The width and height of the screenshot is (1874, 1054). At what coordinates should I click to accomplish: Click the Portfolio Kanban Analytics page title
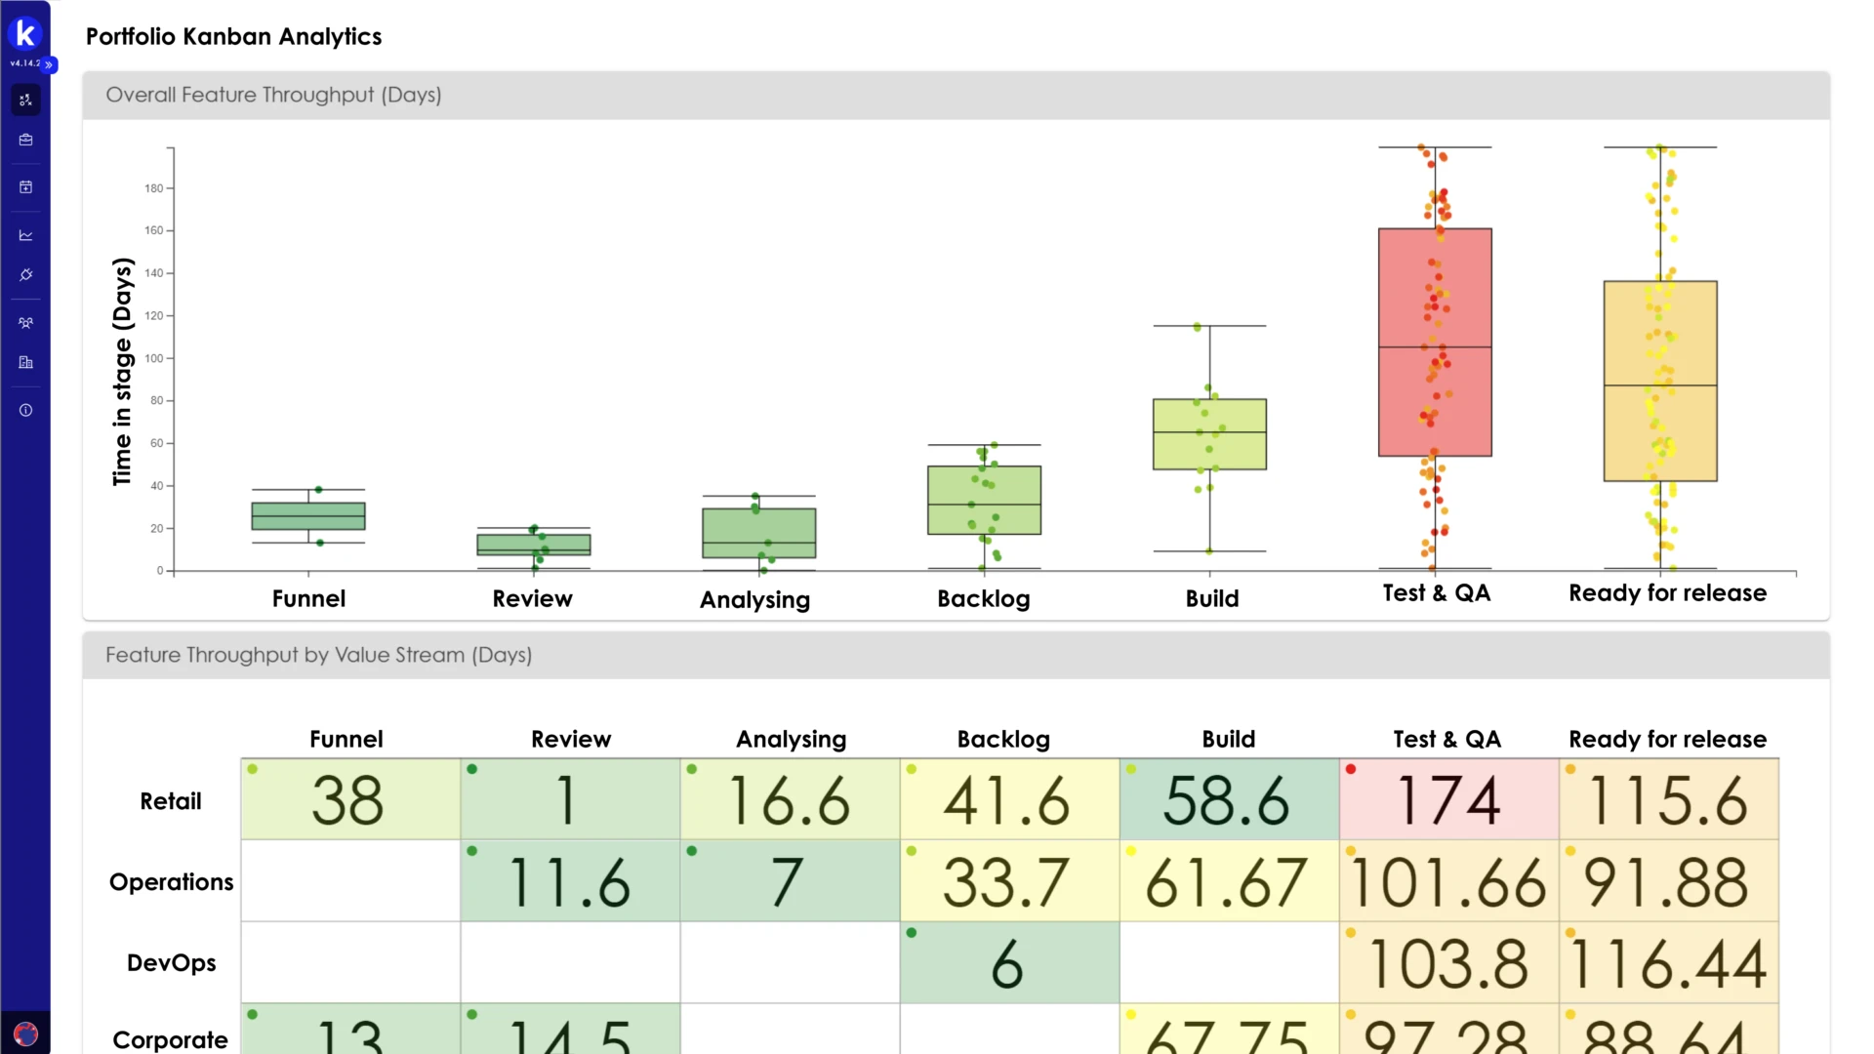click(233, 36)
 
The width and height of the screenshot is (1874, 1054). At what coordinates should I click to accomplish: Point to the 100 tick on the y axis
click(154, 358)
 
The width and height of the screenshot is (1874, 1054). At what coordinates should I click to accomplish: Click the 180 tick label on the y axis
click(154, 188)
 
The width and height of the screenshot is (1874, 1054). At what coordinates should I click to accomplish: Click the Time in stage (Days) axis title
click(122, 371)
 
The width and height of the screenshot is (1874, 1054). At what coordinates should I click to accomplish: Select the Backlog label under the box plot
click(983, 598)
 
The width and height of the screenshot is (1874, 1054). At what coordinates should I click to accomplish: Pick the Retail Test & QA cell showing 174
click(1448, 799)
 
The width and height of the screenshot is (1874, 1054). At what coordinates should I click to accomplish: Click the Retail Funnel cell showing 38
click(349, 799)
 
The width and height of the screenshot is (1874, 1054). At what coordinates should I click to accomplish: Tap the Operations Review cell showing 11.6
click(570, 881)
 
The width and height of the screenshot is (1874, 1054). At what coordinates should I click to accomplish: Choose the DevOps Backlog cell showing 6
click(1008, 963)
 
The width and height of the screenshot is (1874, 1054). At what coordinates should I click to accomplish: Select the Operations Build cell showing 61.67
click(1228, 881)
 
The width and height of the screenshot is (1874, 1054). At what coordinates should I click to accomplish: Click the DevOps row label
click(172, 963)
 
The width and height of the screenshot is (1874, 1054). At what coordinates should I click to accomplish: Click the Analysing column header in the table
click(791, 739)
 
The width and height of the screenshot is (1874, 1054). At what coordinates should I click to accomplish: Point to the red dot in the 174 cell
click(1351, 769)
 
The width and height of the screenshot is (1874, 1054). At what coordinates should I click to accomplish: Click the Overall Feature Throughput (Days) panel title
click(273, 95)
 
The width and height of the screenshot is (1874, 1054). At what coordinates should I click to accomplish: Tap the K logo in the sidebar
click(25, 34)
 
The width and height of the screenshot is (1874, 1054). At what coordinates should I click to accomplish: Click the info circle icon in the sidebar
click(26, 410)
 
